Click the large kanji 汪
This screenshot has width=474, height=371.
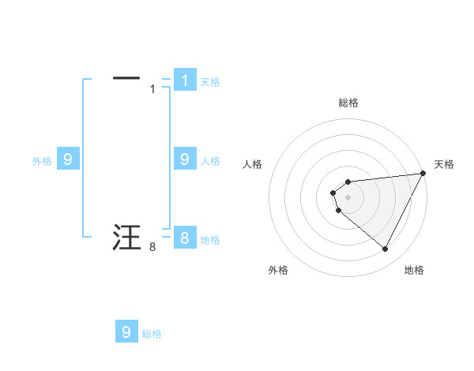(x=126, y=237)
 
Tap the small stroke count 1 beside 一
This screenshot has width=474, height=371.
(x=152, y=89)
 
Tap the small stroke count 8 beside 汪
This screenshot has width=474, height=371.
(x=152, y=248)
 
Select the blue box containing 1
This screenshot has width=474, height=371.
(x=185, y=80)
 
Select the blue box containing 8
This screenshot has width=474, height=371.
(x=185, y=238)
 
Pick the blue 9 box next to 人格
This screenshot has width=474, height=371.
(x=185, y=159)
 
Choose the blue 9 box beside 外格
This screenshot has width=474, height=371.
(x=68, y=159)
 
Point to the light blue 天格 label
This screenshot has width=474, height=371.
(x=210, y=81)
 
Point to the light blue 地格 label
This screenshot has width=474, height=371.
(x=210, y=240)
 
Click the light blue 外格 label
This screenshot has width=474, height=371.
(x=42, y=161)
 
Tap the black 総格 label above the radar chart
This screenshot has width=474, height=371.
(x=348, y=103)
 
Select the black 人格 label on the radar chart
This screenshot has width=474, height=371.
(x=254, y=164)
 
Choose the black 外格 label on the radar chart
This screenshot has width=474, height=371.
(x=278, y=270)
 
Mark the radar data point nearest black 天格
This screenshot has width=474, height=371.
(x=423, y=173)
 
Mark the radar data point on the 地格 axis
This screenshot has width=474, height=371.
(x=386, y=249)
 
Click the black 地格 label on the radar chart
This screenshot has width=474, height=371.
(x=414, y=270)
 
